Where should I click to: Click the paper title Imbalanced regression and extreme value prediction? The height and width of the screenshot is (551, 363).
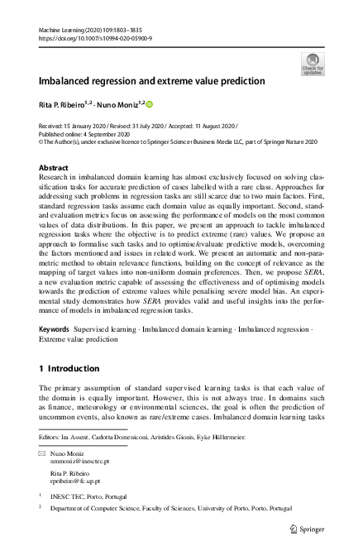tap(151, 81)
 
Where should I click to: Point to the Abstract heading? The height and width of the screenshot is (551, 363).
tap(54, 167)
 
